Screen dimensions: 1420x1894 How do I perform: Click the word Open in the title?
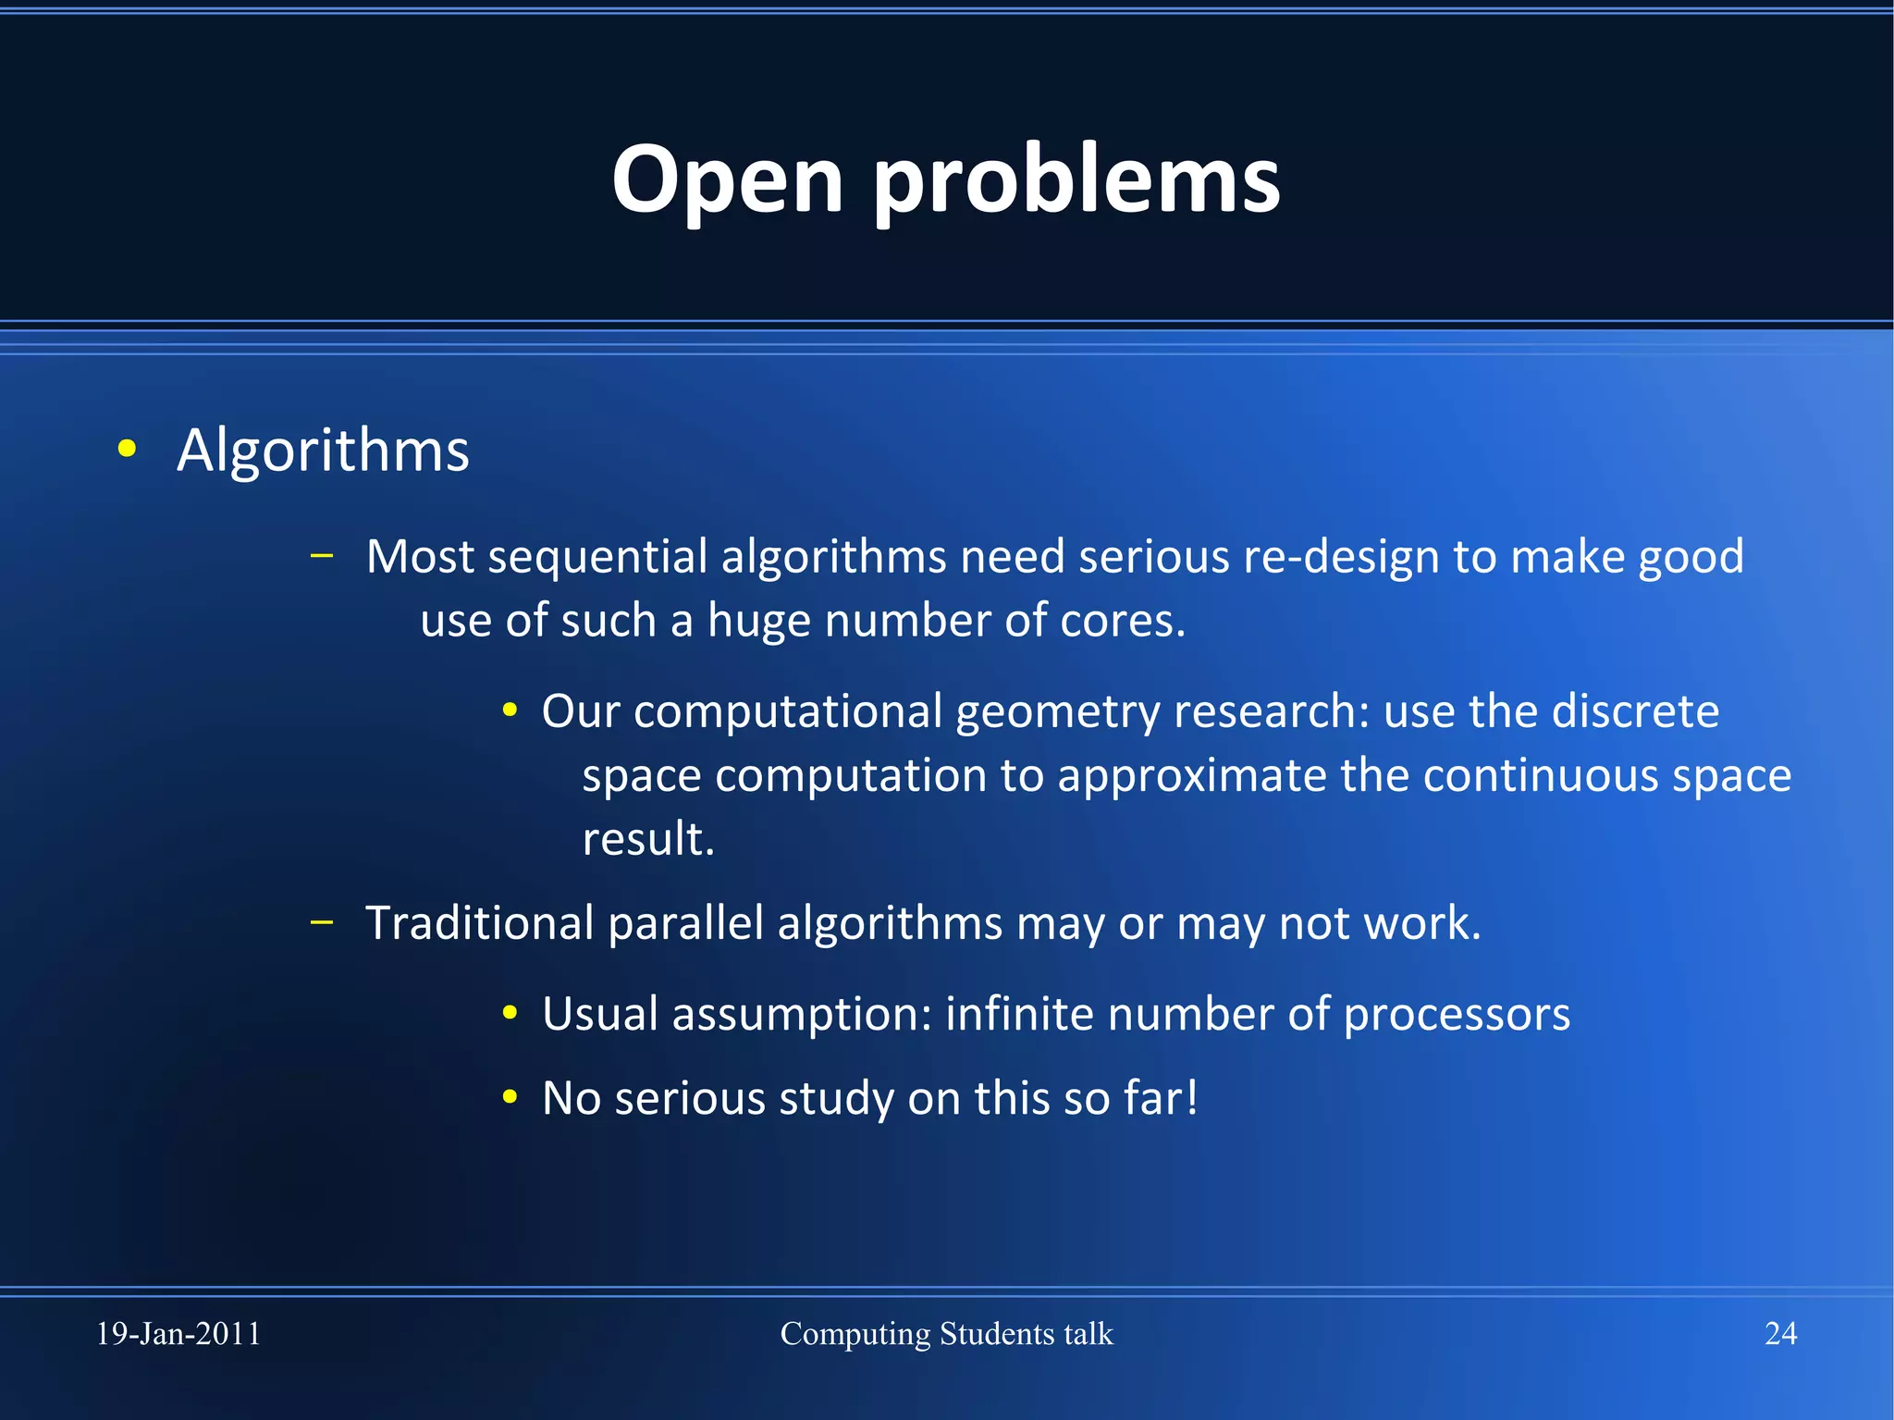pos(727,180)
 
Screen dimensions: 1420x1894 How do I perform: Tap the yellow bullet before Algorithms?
pos(128,450)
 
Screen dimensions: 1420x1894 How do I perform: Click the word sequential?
pos(597,558)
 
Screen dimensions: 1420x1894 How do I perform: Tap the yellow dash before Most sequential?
pos(322,556)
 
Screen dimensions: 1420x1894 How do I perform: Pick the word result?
pos(647,839)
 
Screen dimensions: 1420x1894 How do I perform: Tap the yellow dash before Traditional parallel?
pos(322,921)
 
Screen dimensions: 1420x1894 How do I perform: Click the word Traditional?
pos(480,923)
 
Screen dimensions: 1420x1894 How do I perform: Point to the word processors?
pos(1457,1016)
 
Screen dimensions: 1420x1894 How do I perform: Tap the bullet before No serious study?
pos(510,1097)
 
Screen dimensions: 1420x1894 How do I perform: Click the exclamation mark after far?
pos(1192,1097)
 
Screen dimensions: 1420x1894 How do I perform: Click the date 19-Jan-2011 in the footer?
pos(178,1334)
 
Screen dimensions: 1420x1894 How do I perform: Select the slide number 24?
pos(1780,1334)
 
